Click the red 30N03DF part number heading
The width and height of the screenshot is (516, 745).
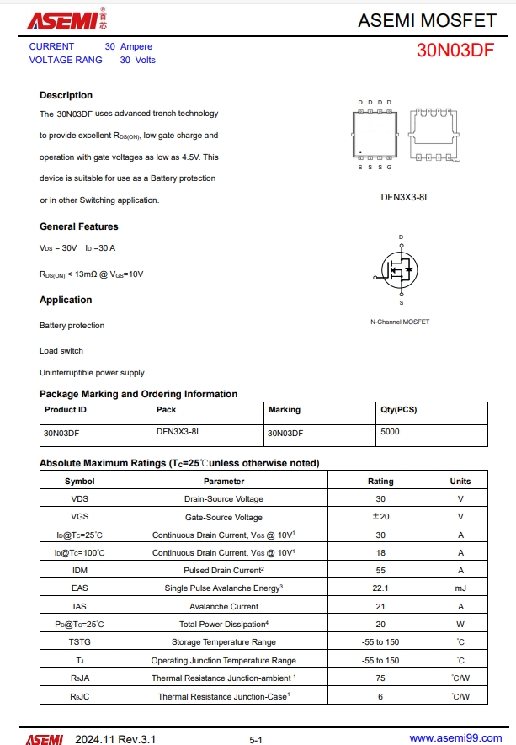click(x=455, y=51)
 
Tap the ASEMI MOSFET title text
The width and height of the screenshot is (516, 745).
click(x=427, y=20)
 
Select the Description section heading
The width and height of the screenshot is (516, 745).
click(x=66, y=95)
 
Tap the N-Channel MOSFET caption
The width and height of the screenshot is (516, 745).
click(x=400, y=322)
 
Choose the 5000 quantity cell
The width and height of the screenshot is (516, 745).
click(x=390, y=432)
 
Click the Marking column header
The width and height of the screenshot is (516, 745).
click(x=285, y=410)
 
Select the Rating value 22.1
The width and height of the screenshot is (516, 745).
click(x=380, y=588)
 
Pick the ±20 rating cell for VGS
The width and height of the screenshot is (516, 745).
click(x=380, y=517)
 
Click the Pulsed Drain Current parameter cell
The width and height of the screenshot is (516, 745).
click(x=223, y=570)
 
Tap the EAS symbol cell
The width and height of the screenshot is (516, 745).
click(x=79, y=588)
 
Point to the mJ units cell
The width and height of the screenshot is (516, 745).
click(x=460, y=588)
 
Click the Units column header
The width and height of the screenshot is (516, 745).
click(x=460, y=481)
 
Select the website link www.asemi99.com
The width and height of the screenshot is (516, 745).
click(x=455, y=738)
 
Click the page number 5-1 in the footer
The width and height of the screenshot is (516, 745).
click(x=256, y=739)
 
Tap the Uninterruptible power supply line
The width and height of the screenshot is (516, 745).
click(x=92, y=372)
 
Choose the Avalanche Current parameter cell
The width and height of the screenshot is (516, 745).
click(x=223, y=606)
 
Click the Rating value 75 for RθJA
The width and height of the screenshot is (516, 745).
click(x=380, y=678)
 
